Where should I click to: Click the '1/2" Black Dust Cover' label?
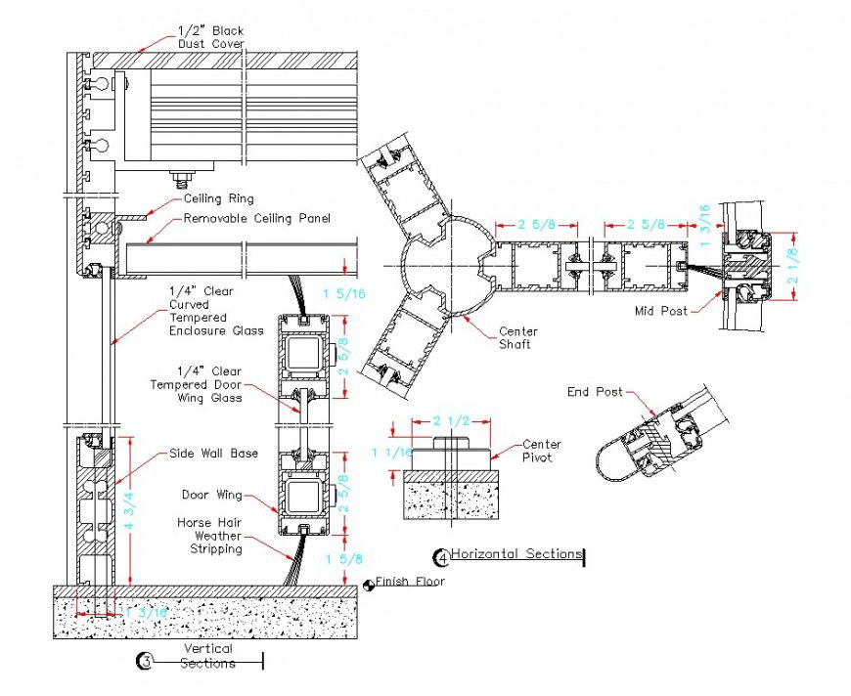209,37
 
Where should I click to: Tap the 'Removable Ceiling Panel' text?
257,218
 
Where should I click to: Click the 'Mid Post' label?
660,312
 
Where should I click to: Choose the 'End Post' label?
595,392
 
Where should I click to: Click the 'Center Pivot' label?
541,451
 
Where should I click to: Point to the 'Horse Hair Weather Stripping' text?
209,536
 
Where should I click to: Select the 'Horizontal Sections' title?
515,554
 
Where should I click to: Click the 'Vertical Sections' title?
207,656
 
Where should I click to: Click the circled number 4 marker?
440,557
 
